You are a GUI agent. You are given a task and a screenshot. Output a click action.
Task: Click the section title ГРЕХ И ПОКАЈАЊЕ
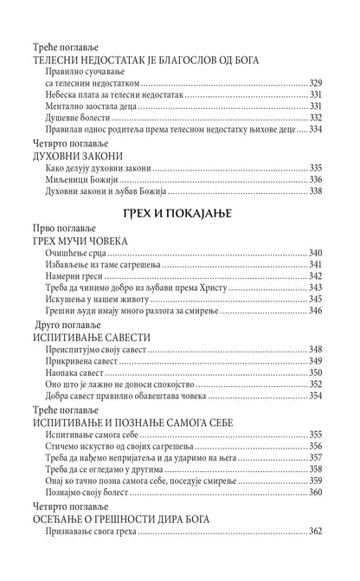(180, 215)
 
